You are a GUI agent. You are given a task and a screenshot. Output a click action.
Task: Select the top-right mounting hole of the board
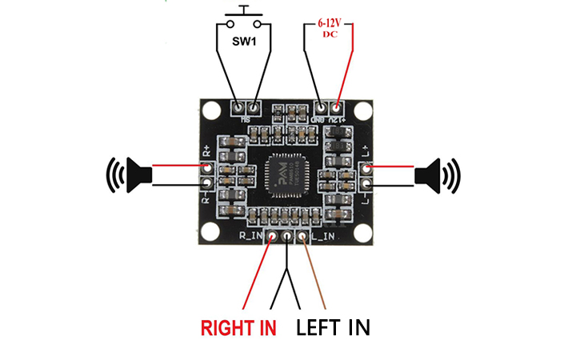point(365,112)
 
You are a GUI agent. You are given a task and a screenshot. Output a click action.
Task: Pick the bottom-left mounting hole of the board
point(210,233)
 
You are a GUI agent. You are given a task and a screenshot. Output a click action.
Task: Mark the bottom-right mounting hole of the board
point(365,233)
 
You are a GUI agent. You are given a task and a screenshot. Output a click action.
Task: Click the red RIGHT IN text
point(238,327)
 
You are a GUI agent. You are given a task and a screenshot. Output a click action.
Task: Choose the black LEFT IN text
point(334,327)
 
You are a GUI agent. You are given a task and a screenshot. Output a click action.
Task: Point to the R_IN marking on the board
point(251,237)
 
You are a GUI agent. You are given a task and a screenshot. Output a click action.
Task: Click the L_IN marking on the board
point(322,237)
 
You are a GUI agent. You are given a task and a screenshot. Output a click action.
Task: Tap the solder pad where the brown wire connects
point(302,237)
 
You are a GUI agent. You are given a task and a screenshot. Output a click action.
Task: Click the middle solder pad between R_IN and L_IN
point(287,237)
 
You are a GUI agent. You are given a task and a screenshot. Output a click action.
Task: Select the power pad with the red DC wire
point(338,106)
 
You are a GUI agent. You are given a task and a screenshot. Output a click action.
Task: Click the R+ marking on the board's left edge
point(206,150)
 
